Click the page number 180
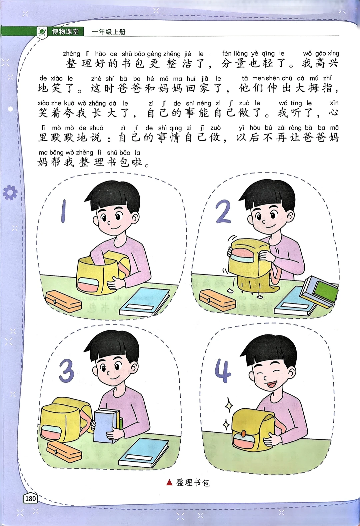coord(31,498)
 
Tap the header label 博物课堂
coord(65,31)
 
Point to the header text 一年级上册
coord(109,32)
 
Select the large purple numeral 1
coord(63,211)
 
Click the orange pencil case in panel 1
coord(63,301)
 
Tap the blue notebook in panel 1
coord(145,302)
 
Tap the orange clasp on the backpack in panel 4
coord(244,433)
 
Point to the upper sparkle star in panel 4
coord(229,405)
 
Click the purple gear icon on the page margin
coord(10,193)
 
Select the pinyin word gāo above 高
coord(321,54)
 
